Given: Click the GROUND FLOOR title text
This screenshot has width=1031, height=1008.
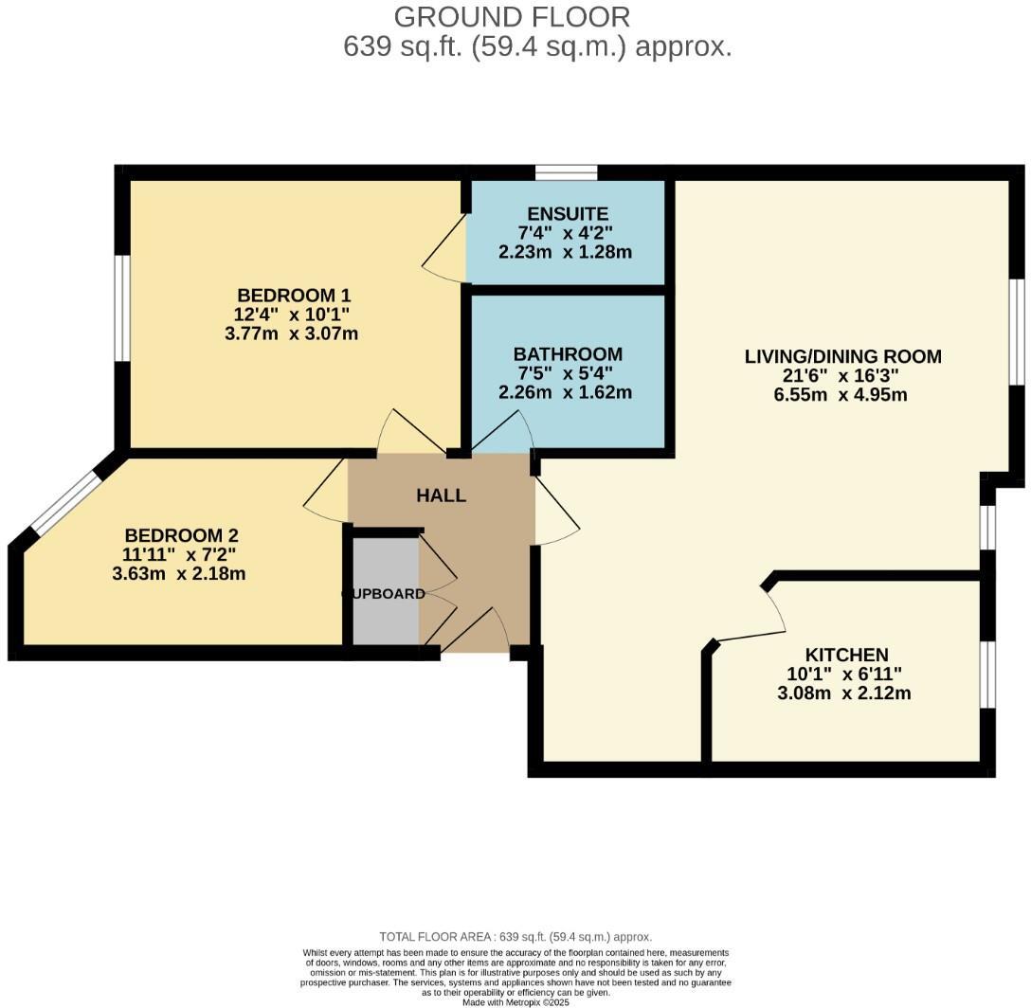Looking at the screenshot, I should tap(512, 16).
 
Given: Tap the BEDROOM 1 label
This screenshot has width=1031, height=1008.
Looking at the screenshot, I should tap(286, 295).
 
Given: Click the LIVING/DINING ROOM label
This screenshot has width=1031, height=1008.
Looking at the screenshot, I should tap(842, 356).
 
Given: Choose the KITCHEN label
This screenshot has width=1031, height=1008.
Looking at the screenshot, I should tap(846, 655).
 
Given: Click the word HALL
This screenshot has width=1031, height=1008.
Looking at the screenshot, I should tap(442, 495).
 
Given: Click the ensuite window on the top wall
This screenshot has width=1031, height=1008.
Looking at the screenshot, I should tap(566, 171).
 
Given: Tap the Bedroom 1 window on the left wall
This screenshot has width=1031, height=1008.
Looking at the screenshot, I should tap(122, 308).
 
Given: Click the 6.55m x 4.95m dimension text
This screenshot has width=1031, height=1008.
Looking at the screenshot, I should tap(841, 394).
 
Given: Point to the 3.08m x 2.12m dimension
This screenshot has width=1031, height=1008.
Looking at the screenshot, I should tap(843, 693).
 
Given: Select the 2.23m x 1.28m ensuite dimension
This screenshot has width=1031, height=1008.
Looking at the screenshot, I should tap(565, 252).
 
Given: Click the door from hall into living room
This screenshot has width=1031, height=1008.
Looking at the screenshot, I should tap(557, 512).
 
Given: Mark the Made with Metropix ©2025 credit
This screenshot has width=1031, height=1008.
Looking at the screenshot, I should tap(515, 1001).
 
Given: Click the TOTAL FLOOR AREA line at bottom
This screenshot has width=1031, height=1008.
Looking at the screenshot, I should tap(515, 936).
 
